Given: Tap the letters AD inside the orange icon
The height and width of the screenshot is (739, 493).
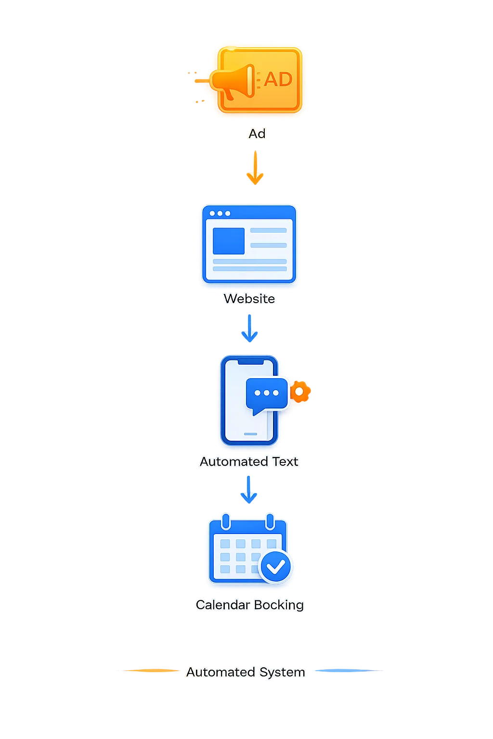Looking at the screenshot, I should tap(278, 79).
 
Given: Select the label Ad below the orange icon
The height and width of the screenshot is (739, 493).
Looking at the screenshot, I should tap(257, 134).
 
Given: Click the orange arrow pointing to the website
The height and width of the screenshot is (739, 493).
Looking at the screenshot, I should tap(254, 168).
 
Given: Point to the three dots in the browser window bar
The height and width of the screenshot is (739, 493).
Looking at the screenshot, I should tap(220, 213).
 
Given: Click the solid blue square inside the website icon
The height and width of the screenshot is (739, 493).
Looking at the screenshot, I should tap(229, 241).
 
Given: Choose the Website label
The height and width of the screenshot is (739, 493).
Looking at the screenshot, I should tap(249, 299).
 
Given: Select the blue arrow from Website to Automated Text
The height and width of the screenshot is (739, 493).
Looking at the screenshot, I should tap(249, 329).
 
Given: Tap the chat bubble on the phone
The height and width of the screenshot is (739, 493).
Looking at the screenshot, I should tap(266, 394).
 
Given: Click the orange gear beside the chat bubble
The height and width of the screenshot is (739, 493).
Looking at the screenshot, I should tap(299, 392).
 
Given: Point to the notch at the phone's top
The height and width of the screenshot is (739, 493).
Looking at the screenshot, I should tap(250, 361).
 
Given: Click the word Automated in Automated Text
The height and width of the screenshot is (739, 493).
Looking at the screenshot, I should tap(234, 461).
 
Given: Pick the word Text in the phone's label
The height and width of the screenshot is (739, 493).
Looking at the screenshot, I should tap(285, 461).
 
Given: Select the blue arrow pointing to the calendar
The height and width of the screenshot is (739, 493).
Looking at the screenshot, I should tap(248, 490).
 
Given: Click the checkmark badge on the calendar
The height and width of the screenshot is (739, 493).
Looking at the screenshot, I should tap(276, 567).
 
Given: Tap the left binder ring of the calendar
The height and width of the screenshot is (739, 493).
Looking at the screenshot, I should tap(226, 521).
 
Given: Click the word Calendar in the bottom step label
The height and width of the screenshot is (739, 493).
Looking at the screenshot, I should tap(223, 605).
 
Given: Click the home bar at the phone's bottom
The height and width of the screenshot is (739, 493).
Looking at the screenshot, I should tap(250, 434).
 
